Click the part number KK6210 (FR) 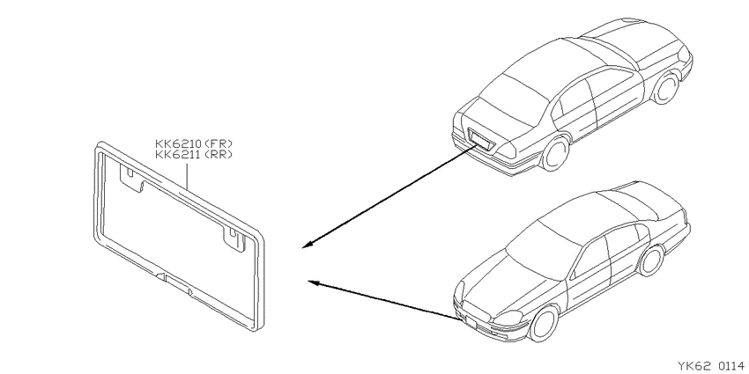[x=194, y=143]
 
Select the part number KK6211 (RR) [x=194, y=154]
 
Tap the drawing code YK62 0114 [x=710, y=366]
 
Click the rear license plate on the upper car [x=479, y=139]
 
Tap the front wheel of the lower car [x=544, y=324]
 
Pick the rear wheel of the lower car [x=650, y=261]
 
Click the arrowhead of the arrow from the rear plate [x=308, y=245]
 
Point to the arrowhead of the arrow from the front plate [x=314, y=282]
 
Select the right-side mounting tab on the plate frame [x=234, y=237]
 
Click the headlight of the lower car [x=509, y=318]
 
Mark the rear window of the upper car [x=514, y=99]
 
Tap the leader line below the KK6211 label [x=188, y=178]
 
